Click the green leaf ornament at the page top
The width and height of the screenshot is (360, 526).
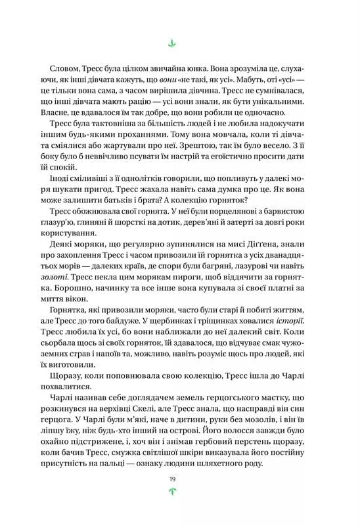pyautogui.click(x=173, y=45)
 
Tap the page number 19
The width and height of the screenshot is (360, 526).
pyautogui.click(x=173, y=479)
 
